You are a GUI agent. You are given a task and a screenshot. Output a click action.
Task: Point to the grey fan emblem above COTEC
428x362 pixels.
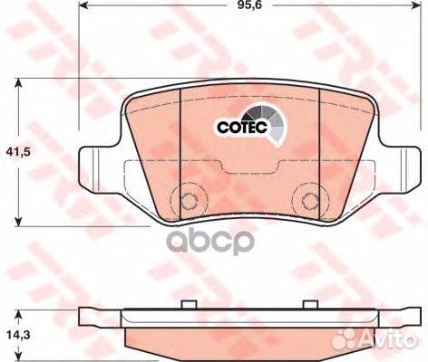click(x=266, y=120)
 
